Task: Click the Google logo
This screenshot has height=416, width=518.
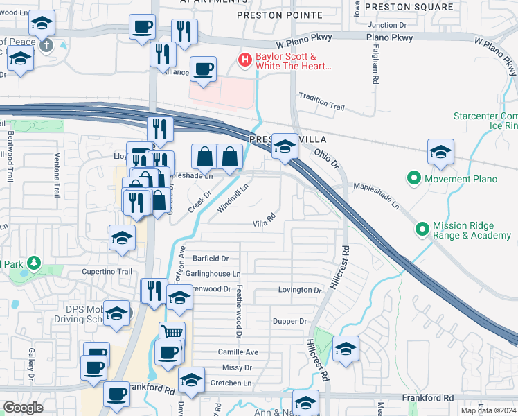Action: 23,408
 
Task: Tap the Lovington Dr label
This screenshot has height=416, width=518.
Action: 300,291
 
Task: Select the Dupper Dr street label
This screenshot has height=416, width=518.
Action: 289,321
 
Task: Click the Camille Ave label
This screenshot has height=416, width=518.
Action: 238,352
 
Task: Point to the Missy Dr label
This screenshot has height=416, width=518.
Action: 237,367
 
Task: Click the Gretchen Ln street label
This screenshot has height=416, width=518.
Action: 233,383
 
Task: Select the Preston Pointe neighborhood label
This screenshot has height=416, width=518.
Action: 279,15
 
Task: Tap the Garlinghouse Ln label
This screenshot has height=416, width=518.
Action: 217,274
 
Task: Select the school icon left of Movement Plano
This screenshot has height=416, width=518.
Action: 440,153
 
